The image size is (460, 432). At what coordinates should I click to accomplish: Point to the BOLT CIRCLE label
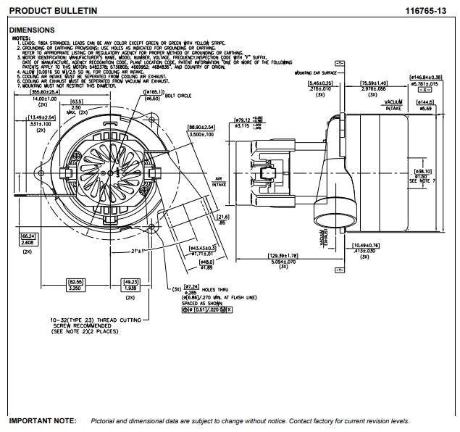(x=180, y=94)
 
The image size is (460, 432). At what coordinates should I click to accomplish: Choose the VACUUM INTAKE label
(x=393, y=104)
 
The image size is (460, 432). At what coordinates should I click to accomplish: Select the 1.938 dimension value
(x=130, y=288)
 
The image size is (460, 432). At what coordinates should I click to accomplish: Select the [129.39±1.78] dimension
(x=283, y=256)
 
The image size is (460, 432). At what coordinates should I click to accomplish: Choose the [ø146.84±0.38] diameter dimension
(x=427, y=76)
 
